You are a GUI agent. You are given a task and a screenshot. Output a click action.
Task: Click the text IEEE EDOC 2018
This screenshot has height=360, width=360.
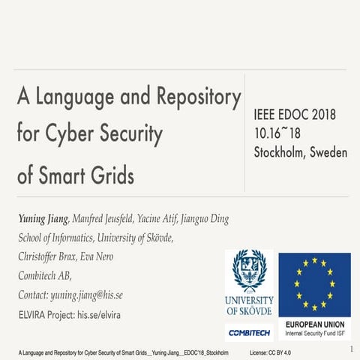pos(295,115)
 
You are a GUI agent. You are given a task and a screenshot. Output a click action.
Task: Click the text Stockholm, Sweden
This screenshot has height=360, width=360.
pos(301,152)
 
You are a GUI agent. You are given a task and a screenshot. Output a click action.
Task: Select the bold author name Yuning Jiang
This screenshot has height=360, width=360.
pos(43,219)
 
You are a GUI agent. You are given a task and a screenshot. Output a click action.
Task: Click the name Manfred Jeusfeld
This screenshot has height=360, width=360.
pos(107,219)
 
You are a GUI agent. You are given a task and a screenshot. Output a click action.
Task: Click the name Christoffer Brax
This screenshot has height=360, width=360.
pos(50,257)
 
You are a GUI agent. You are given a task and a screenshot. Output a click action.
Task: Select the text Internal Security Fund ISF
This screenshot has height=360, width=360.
pos(315,332)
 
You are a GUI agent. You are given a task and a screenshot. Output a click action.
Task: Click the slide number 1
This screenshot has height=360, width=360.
pos(351,349)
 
